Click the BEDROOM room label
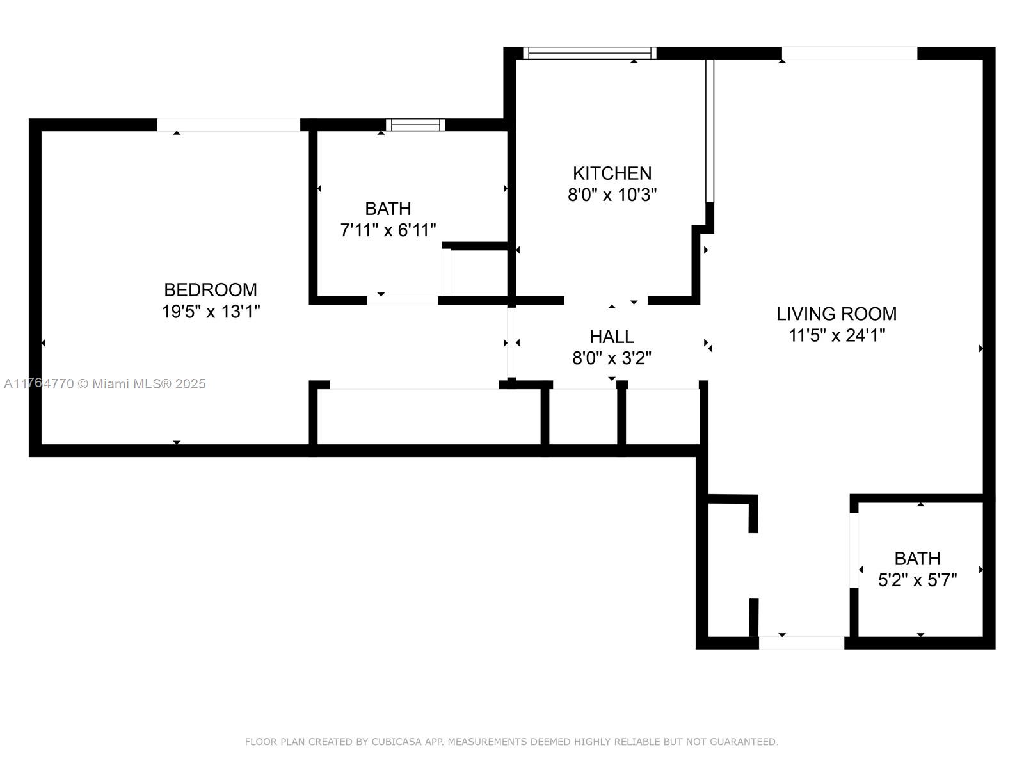(211, 290)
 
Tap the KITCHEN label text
(612, 173)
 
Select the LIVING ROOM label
(836, 314)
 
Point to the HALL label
(612, 337)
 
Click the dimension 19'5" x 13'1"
(211, 312)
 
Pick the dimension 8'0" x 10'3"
(612, 195)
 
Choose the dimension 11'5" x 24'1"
(836, 335)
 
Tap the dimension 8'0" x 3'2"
(612, 358)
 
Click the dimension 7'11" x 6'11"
(388, 230)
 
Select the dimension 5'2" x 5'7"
(917, 580)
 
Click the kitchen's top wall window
(589, 53)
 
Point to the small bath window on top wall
(415, 125)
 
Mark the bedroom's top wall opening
(228, 125)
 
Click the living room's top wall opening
(849, 53)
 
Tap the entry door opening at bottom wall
(801, 643)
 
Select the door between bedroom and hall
(512, 342)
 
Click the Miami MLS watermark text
(104, 384)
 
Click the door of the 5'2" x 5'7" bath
(854, 550)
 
